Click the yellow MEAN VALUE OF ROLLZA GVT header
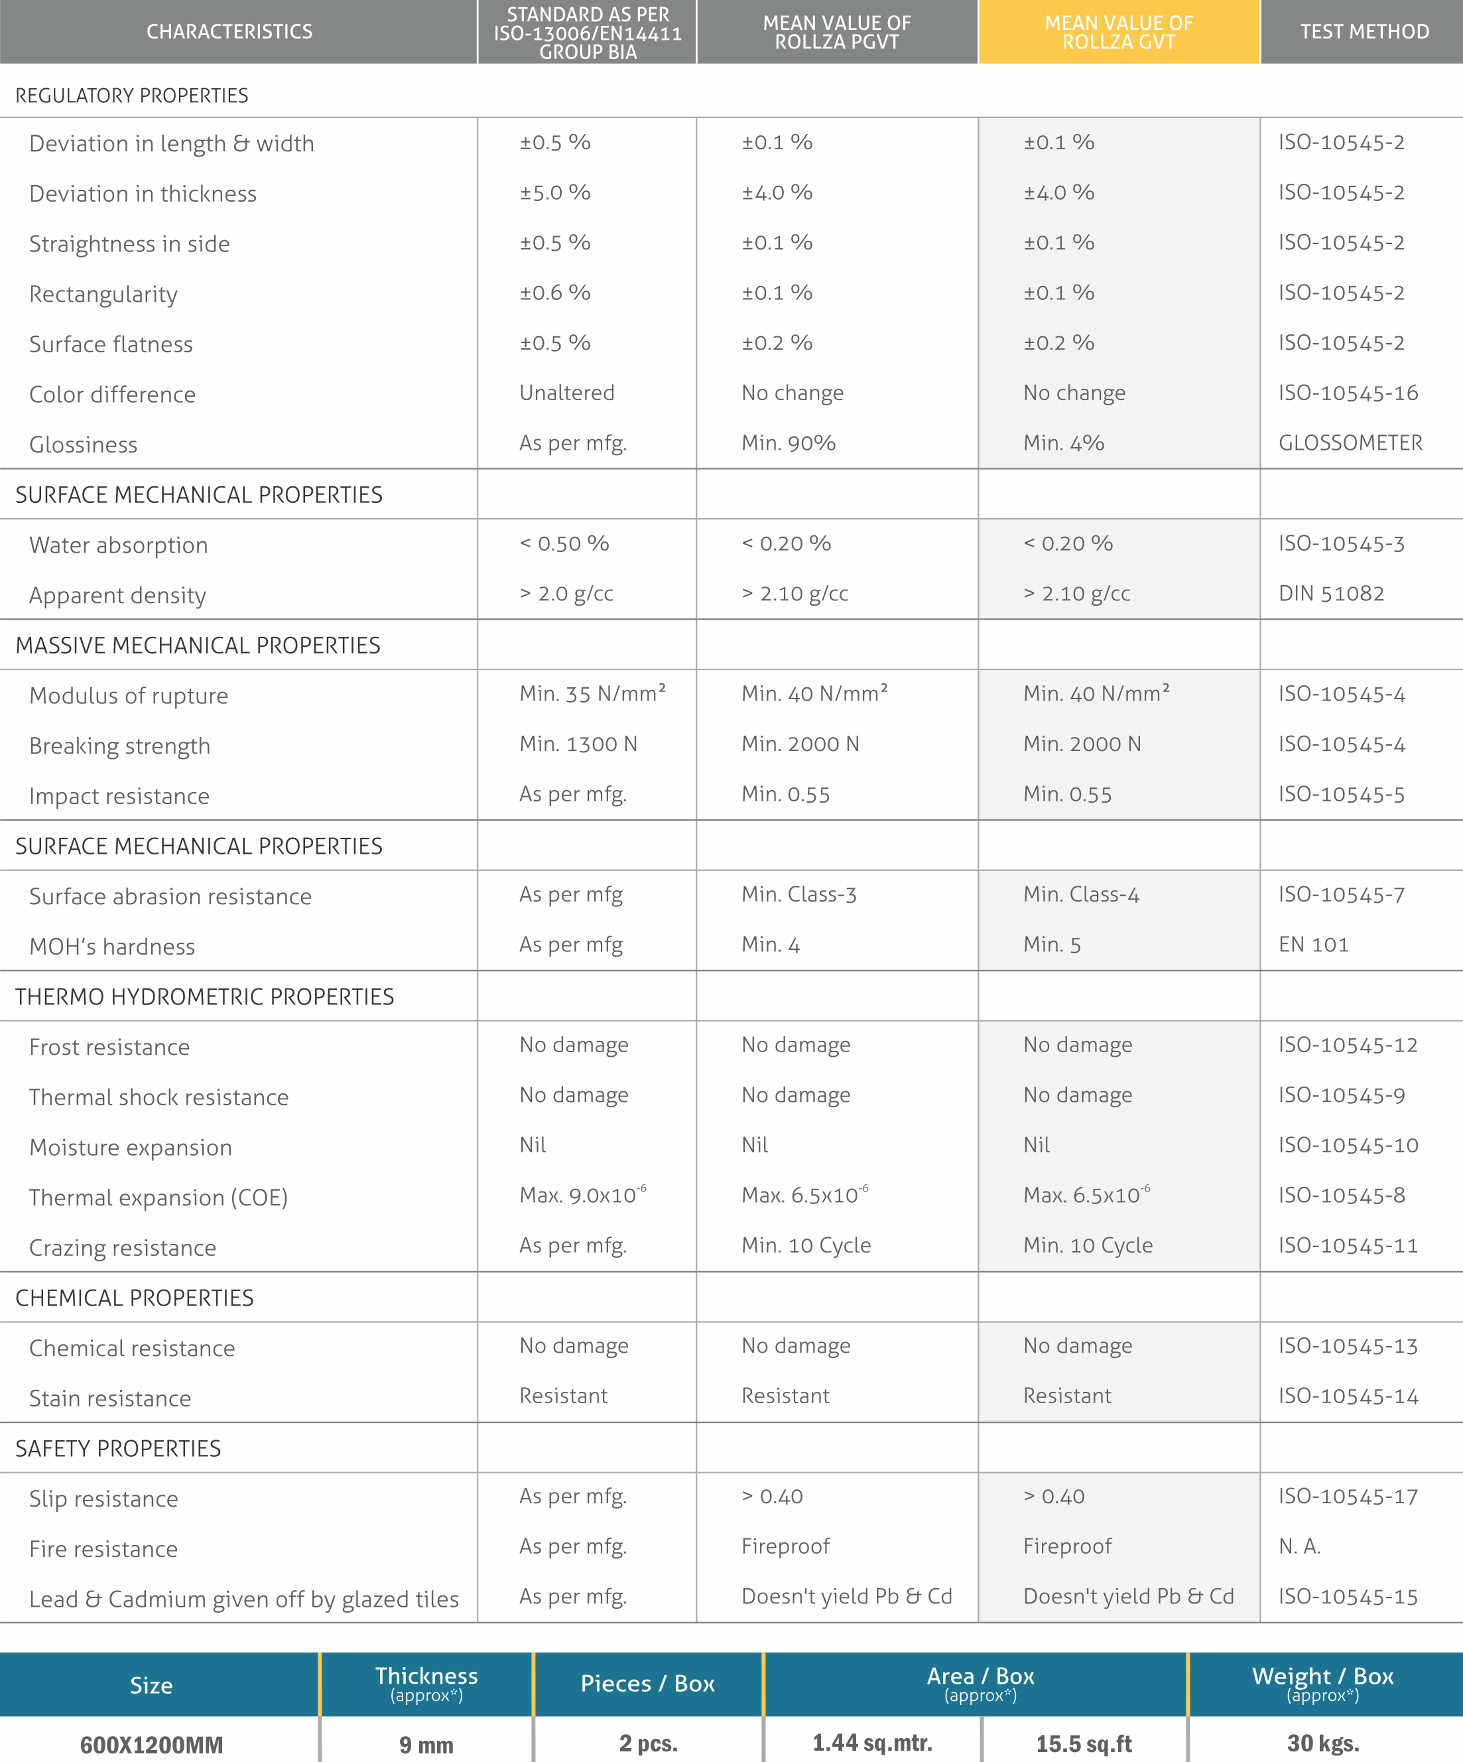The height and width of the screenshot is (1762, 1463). (1118, 33)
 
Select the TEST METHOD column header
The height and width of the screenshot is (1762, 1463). (1364, 32)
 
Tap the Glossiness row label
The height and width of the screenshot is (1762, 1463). (83, 444)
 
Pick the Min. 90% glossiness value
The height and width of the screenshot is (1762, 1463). (788, 443)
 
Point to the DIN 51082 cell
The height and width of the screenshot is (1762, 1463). (1330, 594)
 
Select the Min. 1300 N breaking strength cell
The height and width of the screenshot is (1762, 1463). (578, 744)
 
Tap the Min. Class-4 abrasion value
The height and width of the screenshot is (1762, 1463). (1080, 894)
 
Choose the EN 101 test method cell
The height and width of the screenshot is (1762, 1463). (1313, 945)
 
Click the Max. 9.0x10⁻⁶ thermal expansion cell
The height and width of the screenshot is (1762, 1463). (582, 1195)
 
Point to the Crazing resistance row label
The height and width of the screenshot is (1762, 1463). (123, 1248)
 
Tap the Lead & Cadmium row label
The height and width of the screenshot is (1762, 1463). (243, 1599)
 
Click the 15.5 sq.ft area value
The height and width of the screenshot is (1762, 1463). (1083, 1744)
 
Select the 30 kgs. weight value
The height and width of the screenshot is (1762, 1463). (1323, 1743)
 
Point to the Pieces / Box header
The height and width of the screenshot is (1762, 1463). (648, 1684)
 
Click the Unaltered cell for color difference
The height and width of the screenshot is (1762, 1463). (566, 393)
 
